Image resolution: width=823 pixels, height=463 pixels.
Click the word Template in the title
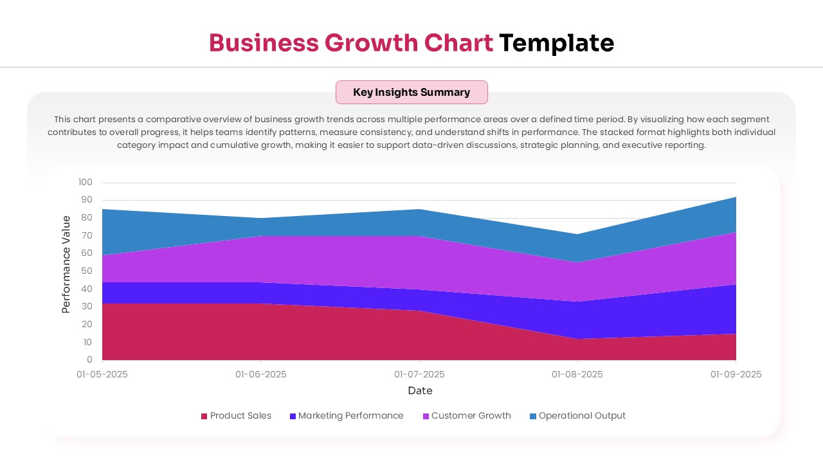tap(556, 42)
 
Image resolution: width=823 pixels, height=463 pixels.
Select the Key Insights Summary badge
tap(411, 92)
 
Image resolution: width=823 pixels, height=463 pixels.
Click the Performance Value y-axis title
tap(66, 264)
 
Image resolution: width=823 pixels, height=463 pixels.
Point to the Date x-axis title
tap(420, 390)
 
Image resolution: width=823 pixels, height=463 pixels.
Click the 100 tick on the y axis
tap(86, 183)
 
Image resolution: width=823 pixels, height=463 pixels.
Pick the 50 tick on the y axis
tap(86, 271)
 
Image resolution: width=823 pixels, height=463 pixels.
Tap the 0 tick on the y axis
tap(89, 360)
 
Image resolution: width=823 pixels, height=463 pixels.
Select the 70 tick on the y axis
tap(86, 236)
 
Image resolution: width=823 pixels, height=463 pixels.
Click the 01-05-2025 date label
tap(102, 374)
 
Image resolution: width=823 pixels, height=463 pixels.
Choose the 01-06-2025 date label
tap(261, 374)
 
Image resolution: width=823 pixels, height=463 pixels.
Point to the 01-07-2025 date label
tap(419, 374)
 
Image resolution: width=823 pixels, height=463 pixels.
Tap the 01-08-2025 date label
tap(577, 374)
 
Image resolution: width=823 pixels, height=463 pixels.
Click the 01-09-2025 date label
tap(736, 374)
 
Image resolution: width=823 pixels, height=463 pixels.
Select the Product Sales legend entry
tap(236, 416)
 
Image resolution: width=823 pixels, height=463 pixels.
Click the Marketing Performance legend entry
tap(347, 416)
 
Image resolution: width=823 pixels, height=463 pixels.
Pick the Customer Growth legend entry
tap(467, 416)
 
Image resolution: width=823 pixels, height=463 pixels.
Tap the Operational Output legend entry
tap(577, 416)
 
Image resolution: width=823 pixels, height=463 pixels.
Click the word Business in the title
tap(264, 42)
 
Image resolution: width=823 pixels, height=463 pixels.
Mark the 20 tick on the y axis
tap(86, 325)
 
